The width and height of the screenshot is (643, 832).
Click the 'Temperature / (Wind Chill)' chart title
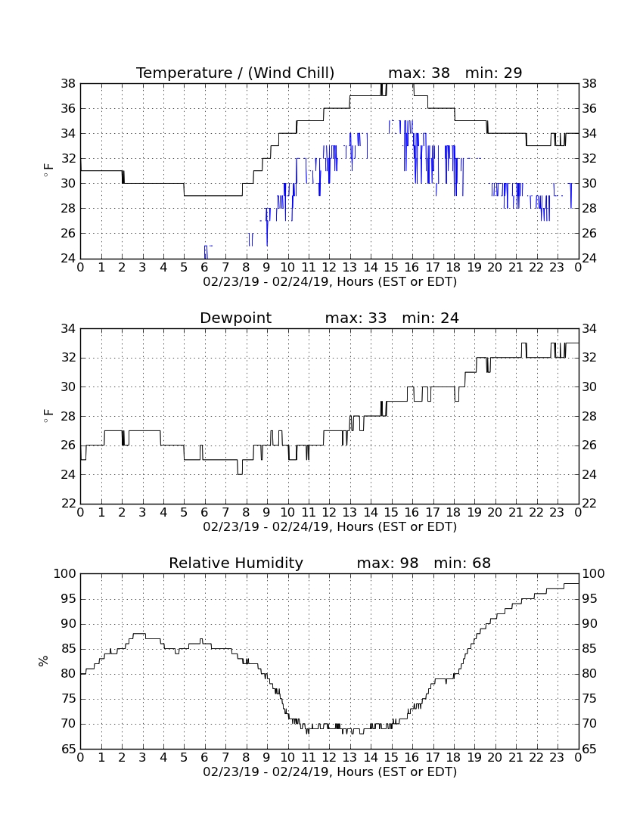[235, 73]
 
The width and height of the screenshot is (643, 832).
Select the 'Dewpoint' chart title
[235, 318]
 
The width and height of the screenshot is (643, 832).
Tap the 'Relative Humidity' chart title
[235, 563]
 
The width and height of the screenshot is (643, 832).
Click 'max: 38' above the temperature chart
[419, 73]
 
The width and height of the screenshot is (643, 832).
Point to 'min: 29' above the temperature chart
[493, 73]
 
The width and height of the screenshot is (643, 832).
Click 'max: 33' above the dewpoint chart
[356, 318]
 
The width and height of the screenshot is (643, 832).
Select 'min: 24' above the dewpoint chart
[430, 318]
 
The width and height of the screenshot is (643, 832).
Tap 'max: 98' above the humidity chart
[387, 563]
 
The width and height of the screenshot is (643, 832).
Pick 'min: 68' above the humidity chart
[462, 563]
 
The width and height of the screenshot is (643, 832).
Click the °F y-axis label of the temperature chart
[48, 170]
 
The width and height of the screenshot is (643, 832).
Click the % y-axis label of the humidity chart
[43, 660]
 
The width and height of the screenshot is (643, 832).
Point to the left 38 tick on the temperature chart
[68, 84]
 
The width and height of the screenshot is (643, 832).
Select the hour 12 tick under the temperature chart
[329, 267]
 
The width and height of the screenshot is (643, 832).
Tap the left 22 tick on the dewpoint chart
[68, 503]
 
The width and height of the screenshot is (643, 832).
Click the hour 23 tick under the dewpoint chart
[557, 512]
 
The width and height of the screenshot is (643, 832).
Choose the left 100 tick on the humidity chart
[65, 573]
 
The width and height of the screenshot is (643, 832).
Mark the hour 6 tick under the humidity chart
[204, 757]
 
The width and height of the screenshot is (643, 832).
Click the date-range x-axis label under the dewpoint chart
[330, 527]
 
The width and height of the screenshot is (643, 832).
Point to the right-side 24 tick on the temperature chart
[589, 259]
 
